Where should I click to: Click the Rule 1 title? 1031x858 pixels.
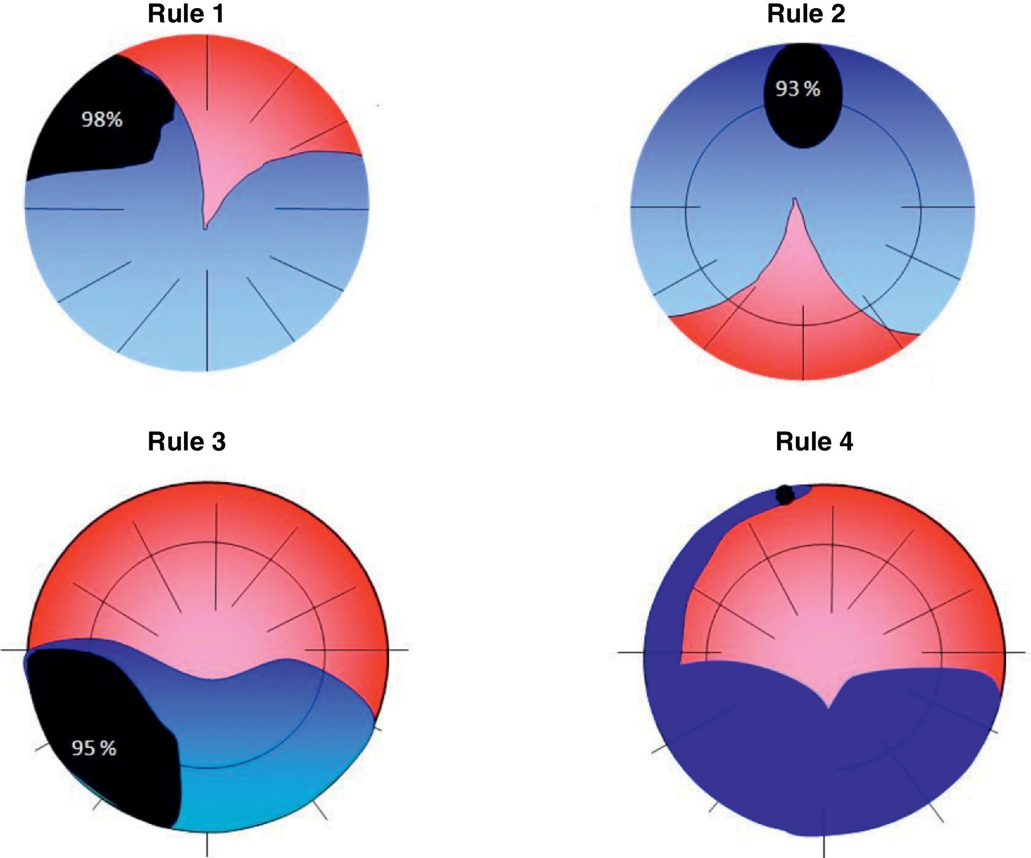click(x=186, y=14)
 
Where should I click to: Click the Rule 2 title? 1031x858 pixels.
click(x=805, y=14)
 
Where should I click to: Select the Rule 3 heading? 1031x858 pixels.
click(x=187, y=441)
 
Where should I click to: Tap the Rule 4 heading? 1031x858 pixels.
click(x=814, y=441)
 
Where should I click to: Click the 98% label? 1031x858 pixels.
click(x=102, y=120)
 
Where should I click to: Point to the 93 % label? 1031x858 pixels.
click(x=798, y=89)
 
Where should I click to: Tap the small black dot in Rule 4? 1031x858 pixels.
click(x=785, y=495)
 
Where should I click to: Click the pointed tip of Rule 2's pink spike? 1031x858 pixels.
click(x=795, y=200)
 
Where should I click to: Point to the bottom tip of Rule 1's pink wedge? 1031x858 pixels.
click(x=205, y=227)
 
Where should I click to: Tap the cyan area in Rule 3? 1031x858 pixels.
click(x=255, y=795)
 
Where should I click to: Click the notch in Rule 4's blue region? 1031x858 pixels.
click(x=829, y=707)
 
